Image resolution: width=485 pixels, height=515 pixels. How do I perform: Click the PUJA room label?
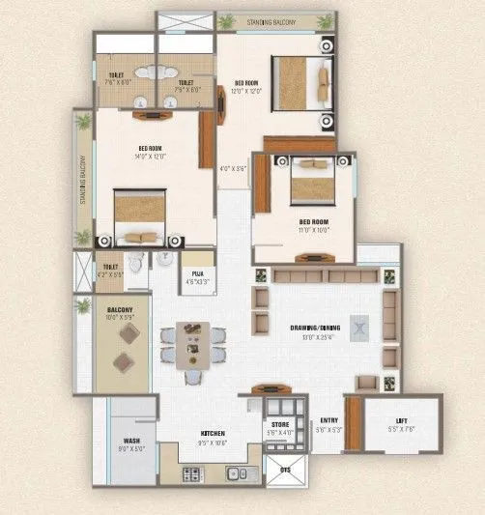pos(196,273)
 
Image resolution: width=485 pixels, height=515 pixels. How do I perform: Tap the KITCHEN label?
pos(213,433)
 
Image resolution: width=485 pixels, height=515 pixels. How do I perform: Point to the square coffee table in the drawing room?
pos(360,328)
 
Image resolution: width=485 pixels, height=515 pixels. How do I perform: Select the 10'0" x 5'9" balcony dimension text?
pos(125,317)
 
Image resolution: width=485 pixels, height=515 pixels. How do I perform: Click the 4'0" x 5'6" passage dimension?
pos(234,168)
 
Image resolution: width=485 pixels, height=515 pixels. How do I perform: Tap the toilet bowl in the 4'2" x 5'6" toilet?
pos(136,262)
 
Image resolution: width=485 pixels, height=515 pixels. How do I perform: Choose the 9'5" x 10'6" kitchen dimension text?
pos(213,443)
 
